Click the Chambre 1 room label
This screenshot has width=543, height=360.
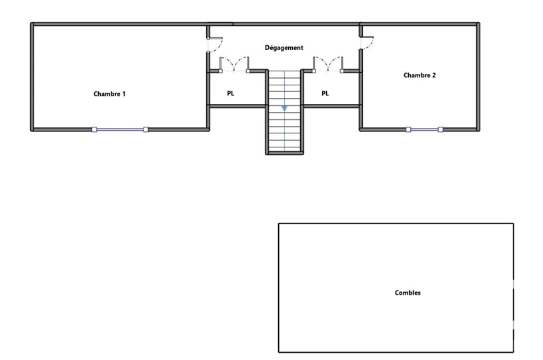[109, 94]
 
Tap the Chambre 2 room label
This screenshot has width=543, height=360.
[420, 75]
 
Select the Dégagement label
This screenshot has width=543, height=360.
[284, 48]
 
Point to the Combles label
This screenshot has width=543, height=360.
[408, 293]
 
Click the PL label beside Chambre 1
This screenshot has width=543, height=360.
[231, 93]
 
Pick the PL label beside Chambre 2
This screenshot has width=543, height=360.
[325, 93]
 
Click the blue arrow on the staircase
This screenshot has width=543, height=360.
[284, 109]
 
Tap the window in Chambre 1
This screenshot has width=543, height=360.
[120, 129]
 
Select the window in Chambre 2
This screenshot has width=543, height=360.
[424, 129]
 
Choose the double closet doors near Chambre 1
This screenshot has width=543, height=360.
[234, 63]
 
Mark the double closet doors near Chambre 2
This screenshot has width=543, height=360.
[328, 63]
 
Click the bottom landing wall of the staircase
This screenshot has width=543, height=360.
[284, 153]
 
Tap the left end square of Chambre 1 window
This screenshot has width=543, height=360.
[94, 129]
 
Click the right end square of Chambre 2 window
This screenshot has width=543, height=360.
[440, 129]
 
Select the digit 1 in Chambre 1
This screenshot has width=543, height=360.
[123, 94]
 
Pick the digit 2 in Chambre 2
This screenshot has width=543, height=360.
[434, 75]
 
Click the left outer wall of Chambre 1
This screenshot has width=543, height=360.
[32, 77]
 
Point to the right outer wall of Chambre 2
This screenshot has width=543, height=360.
[478, 77]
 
